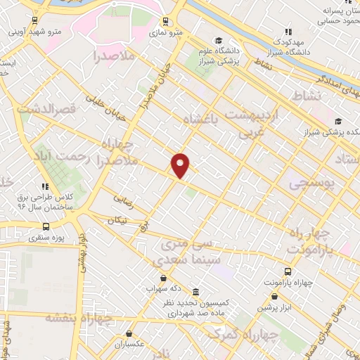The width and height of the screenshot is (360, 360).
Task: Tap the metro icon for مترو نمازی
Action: pyautogui.click(x=166, y=21)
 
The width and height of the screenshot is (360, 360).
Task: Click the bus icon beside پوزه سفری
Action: pyautogui.click(x=46, y=226)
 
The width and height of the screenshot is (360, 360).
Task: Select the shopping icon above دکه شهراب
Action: pyautogui.click(x=163, y=278)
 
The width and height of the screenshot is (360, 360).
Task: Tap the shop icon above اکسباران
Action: pyautogui.click(x=129, y=334)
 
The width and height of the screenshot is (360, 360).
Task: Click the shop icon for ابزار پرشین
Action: pyautogui.click(x=283, y=297)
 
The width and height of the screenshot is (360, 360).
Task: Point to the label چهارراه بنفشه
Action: pyautogui.click(x=70, y=318)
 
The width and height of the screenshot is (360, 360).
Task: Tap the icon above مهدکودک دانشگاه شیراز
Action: pyautogui.click(x=288, y=32)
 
